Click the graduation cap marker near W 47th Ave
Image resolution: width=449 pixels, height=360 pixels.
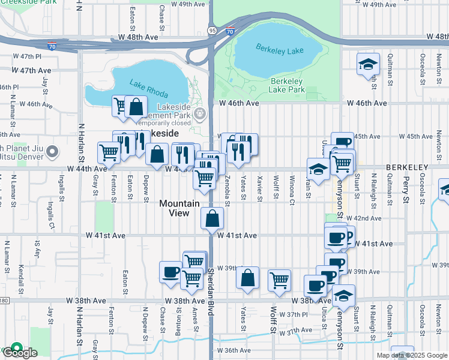tap(368, 64)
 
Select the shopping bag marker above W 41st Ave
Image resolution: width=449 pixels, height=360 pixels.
tap(212, 218)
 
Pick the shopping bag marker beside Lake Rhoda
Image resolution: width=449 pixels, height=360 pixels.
tap(136, 107)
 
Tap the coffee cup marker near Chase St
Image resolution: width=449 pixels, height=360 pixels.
tap(171, 272)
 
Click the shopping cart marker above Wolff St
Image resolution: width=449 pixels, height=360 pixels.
tap(279, 280)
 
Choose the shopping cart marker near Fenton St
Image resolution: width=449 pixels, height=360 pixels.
tap(109, 152)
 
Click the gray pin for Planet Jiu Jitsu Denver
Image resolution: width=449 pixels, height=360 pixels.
tap(53, 151)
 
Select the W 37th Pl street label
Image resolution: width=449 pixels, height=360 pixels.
tap(297, 314)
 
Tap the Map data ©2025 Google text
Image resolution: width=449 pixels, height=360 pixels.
tap(411, 355)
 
